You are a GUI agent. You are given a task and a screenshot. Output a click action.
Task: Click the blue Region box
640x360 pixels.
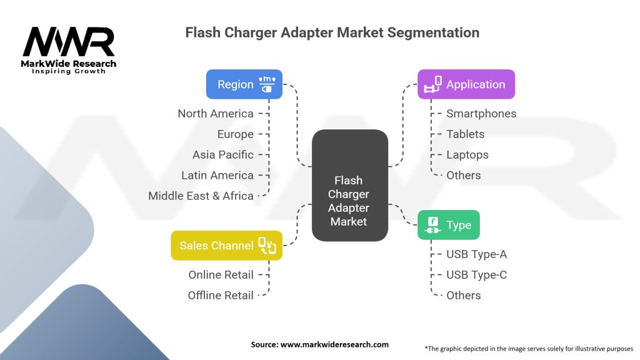coord(244,84)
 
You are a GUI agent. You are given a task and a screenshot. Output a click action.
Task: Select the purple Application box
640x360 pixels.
coord(466,84)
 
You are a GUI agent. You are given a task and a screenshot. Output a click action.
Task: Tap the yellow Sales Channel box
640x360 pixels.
coord(226,246)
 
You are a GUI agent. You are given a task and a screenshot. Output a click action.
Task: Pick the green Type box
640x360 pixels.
coord(448,225)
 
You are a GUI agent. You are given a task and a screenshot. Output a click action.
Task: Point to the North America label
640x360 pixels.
coord(216,114)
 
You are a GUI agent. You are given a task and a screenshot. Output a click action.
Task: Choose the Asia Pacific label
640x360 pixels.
coord(223,154)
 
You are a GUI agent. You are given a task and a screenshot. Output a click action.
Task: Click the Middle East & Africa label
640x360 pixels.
coord(201,196)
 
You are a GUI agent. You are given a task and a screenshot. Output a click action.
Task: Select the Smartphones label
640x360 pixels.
coord(481,114)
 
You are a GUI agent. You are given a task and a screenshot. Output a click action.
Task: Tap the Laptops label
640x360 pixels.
coord(467,154)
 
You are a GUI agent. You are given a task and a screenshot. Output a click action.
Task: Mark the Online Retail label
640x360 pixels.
coord(221,274)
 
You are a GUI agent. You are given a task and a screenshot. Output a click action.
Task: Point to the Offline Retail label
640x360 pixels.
coord(221,295)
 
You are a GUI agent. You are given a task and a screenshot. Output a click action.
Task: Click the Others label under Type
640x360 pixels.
coord(463,295)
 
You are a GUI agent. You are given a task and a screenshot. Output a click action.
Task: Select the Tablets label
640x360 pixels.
coord(465,134)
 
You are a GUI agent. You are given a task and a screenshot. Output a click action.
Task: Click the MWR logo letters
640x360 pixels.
coord(69,42)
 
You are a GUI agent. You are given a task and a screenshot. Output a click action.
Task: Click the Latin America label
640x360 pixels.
coord(217,175)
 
